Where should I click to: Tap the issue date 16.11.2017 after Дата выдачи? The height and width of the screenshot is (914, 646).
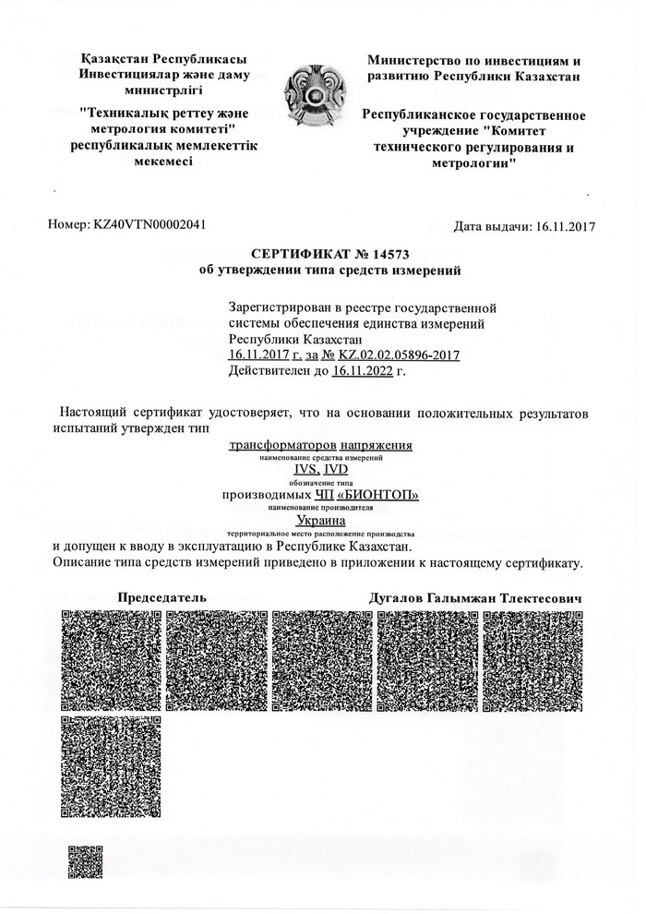(564, 226)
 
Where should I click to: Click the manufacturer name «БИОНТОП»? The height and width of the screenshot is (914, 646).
(385, 496)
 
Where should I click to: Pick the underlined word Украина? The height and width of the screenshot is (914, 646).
(320, 522)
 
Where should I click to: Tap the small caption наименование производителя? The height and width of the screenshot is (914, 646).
(320, 509)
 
